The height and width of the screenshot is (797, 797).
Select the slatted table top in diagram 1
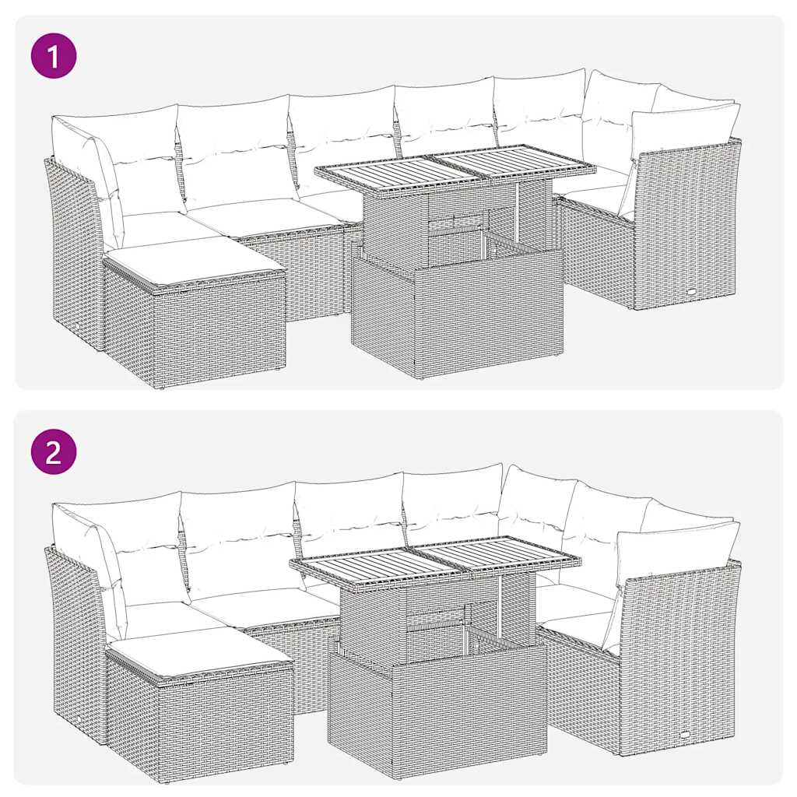(455, 170)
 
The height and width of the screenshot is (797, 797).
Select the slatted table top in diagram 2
(436, 561)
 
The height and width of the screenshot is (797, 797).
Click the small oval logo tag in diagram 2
(683, 735)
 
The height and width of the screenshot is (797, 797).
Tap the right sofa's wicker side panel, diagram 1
(685, 226)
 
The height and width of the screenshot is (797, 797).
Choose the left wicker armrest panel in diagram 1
(74, 249)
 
